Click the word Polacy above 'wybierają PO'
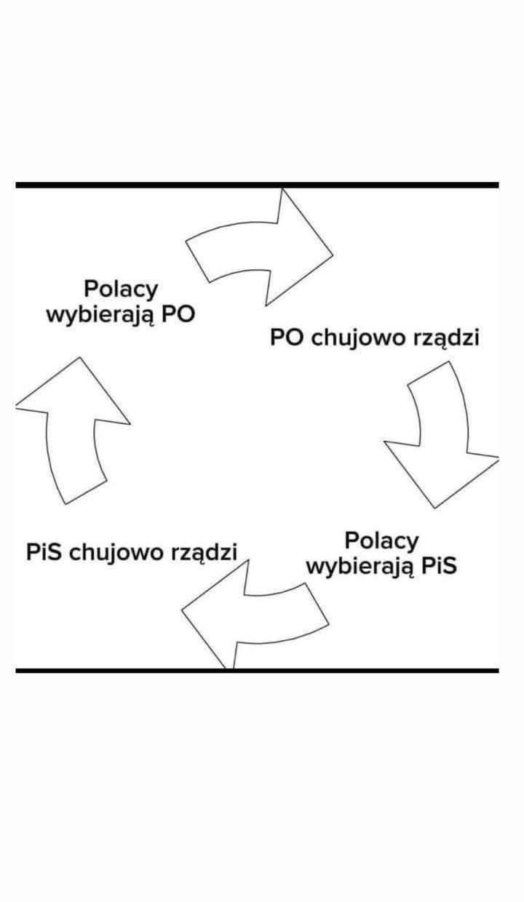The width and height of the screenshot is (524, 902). point(121,289)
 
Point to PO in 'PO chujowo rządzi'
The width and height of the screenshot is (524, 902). point(286,338)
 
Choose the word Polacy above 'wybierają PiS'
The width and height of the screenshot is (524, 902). point(382,540)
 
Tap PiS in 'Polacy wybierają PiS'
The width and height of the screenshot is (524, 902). point(438,566)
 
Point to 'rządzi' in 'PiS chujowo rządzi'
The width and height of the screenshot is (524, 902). point(205,552)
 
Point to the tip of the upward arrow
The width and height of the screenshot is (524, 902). point(78,358)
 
